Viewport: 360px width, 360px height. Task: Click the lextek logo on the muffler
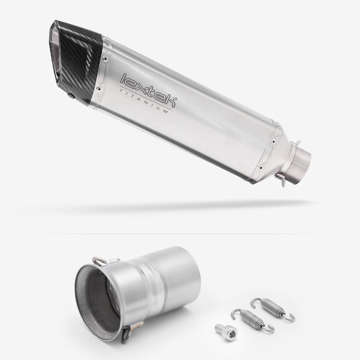coord(149,90)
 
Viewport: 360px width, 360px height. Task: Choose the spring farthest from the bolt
coord(273,308)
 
